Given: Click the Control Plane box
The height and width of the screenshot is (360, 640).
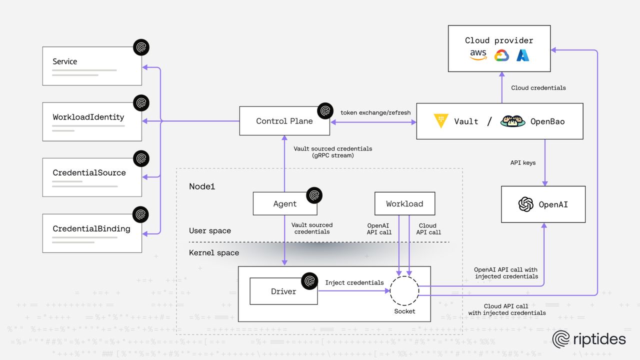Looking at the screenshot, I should tap(284, 121).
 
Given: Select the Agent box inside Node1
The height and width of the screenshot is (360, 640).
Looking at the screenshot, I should tap(284, 204).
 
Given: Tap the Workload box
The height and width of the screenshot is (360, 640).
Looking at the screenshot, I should tap(404, 204).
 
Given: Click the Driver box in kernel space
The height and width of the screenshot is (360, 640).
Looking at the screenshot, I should tap(283, 291).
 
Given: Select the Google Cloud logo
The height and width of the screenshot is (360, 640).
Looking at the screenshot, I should tap(501, 55).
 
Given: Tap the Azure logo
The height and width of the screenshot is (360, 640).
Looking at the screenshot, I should tap(523, 55).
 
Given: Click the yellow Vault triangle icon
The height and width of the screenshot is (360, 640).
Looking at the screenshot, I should tap(440, 121).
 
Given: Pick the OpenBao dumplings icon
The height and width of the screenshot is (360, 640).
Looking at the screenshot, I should tap(512, 121).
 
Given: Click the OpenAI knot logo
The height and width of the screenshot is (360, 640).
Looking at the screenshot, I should tap(526, 204).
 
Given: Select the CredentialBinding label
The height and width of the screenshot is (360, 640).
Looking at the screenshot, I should tap(91, 229).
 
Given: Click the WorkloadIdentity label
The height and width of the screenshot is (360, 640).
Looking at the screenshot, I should tap(88, 117).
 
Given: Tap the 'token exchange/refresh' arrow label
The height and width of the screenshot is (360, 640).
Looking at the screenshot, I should tap(375, 112).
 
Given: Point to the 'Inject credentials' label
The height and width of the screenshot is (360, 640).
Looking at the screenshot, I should tap(354, 282).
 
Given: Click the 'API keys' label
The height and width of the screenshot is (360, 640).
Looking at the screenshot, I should tap(522, 162).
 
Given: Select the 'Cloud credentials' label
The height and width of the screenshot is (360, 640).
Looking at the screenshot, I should tap(538, 88).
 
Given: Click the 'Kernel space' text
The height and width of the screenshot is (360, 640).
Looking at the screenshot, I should tap(214, 253).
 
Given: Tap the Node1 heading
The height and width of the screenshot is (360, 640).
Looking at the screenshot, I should tap(202, 186).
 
